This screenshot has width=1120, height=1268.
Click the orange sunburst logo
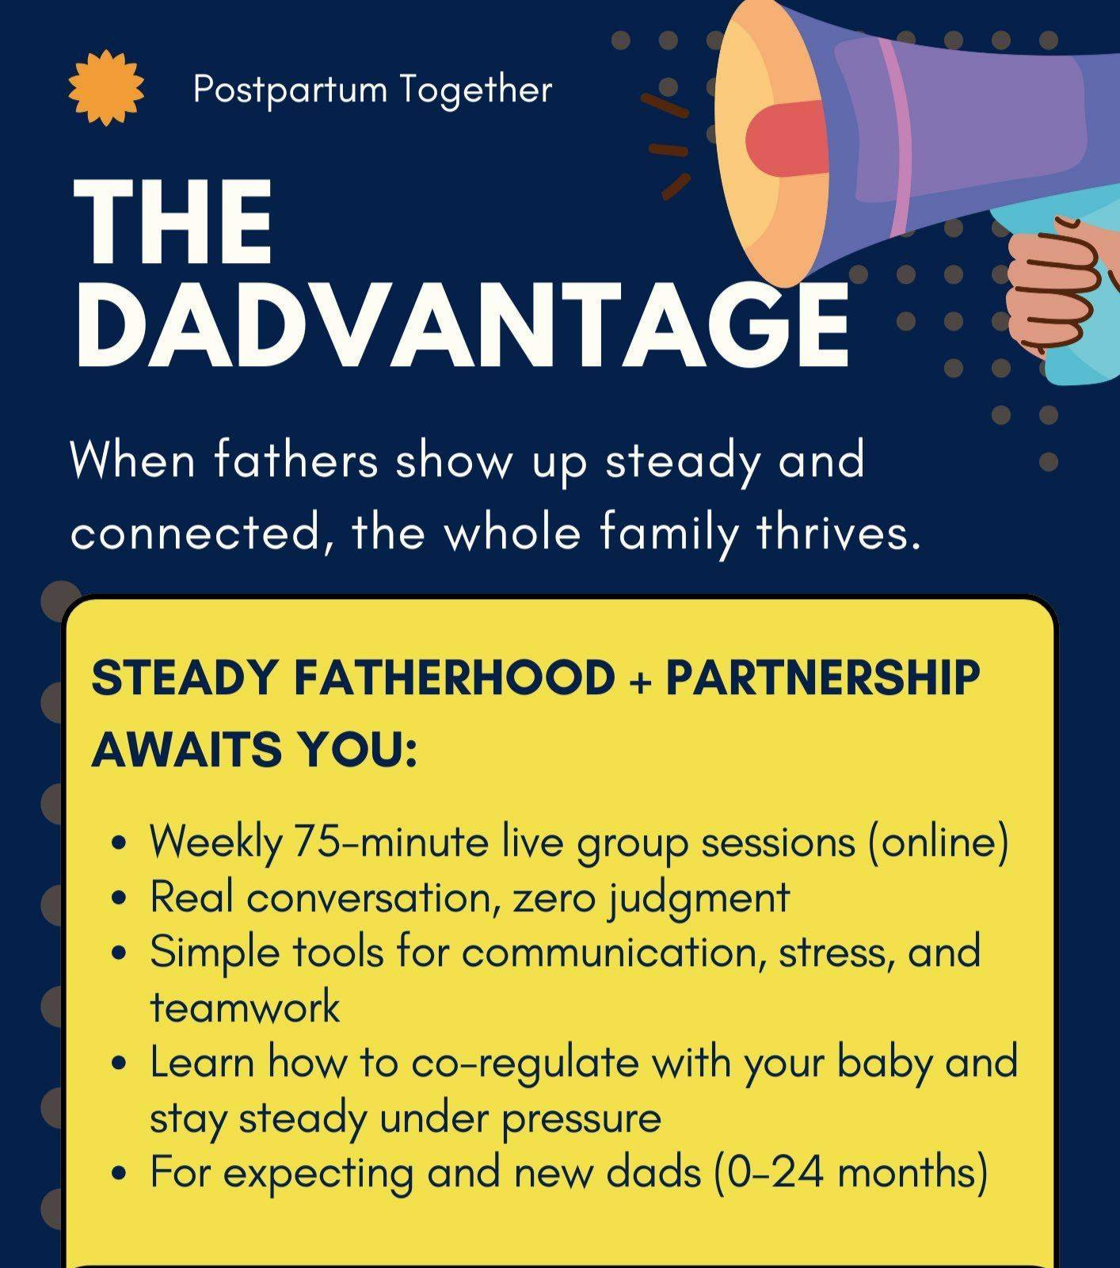106,88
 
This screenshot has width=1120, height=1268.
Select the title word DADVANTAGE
462,325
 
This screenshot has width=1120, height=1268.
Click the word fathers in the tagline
295,460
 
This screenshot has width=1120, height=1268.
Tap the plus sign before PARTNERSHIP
640,681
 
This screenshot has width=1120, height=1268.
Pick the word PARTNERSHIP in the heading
823,678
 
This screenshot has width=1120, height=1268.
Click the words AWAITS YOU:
255,749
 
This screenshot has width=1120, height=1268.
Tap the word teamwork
245,1008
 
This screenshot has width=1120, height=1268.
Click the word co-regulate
524,1064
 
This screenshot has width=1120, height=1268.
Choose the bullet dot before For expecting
120,1173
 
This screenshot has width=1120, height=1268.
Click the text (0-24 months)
851,1173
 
